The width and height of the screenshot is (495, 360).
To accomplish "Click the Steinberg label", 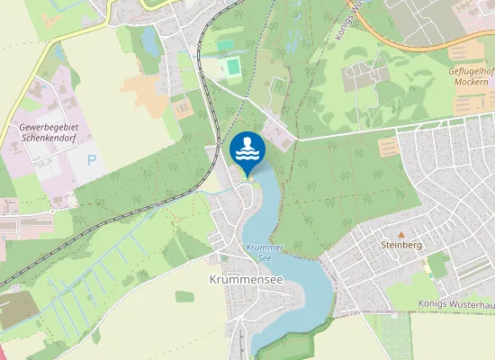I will tap(401, 244).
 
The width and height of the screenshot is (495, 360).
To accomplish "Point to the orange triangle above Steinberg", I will tap(401, 233).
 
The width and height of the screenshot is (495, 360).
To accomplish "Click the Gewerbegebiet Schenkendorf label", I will tap(49, 132).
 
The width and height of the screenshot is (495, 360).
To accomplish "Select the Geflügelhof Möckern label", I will tap(472, 76).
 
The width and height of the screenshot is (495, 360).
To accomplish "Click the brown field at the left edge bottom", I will tap(11, 310).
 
